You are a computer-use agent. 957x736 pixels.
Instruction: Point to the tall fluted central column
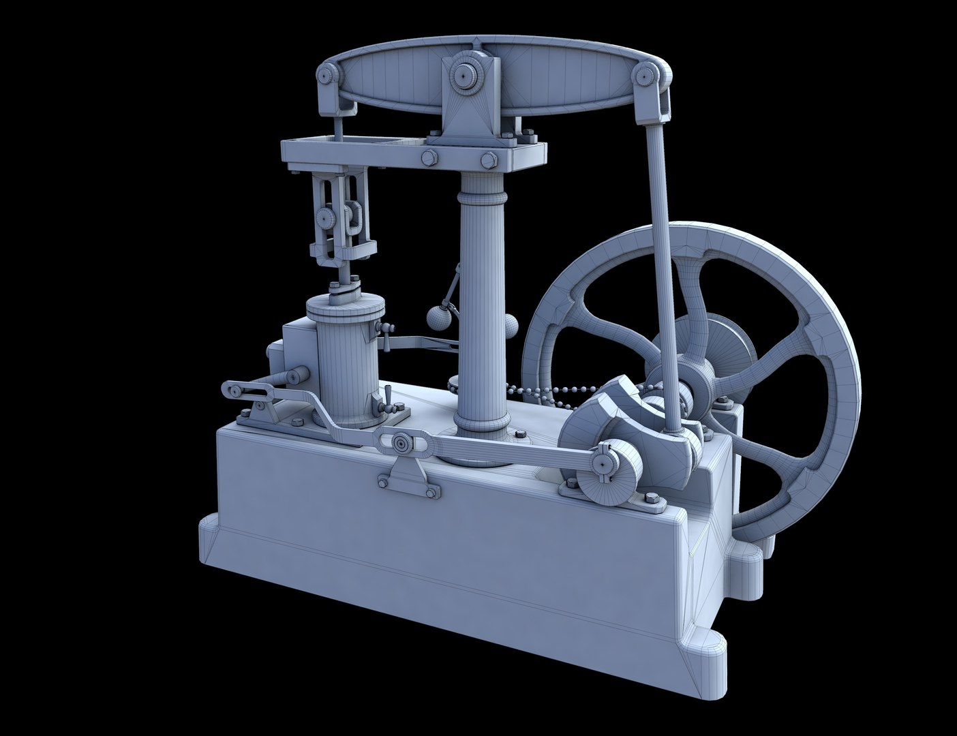coord(483,300)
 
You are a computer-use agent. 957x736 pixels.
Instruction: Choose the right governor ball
coord(513,325)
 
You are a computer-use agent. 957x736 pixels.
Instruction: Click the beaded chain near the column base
coord(545,391)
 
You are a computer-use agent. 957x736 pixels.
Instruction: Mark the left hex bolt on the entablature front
coord(427,159)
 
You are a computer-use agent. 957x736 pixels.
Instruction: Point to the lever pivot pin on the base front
coord(400,444)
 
